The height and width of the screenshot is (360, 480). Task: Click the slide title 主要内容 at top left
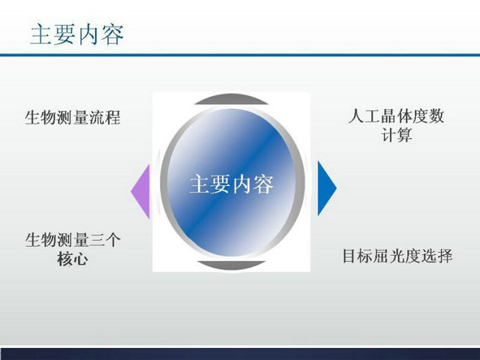[77, 34]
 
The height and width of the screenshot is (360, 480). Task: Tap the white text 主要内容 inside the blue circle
[231, 184]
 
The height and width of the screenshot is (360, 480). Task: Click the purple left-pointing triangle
[141, 192]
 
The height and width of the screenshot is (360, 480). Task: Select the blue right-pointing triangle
[327, 188]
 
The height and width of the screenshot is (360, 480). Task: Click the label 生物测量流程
[73, 117]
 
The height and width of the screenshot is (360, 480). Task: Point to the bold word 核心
[72, 259]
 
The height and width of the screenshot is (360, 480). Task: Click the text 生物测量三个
[73, 240]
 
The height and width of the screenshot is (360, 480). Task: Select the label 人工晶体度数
[396, 116]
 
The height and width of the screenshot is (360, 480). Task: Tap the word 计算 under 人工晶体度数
[396, 135]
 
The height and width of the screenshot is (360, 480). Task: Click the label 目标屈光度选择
[397, 256]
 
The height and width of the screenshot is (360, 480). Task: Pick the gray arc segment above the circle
[231, 99]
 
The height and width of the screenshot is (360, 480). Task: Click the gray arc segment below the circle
[231, 266]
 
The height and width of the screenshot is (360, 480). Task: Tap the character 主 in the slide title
[41, 34]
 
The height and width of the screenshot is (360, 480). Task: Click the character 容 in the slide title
[113, 34]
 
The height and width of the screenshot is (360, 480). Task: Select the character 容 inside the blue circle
[263, 184]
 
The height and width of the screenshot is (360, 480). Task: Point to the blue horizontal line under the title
[240, 55]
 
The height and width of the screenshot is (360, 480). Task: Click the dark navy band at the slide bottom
[240, 353]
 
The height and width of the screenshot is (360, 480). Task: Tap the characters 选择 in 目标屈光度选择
[437, 256]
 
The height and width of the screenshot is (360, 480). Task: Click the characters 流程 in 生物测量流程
[105, 117]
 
